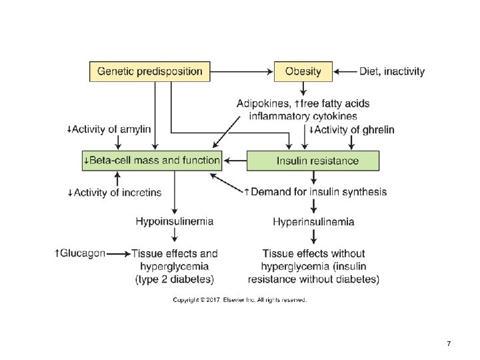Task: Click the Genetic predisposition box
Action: coord(150,71)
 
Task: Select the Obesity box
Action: coord(303,71)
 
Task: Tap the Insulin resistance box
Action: coord(313,161)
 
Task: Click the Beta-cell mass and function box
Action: coord(152,161)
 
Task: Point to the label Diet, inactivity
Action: coord(391,71)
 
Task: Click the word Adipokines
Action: coord(263,103)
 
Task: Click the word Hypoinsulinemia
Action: coord(175,221)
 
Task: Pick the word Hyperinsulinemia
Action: coord(313,221)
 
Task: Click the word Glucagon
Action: coord(83,253)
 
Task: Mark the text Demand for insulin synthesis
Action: coord(318,192)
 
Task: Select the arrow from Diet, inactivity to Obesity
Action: coord(345,71)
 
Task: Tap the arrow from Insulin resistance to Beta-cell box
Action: coord(235,161)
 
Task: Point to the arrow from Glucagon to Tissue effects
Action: coord(118,254)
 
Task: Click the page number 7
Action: coord(449,343)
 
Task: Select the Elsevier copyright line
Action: coord(240,301)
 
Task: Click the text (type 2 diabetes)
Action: coord(175,279)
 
